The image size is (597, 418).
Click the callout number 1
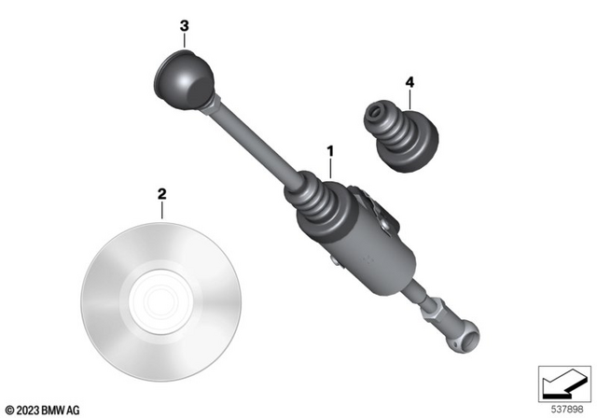click(328, 149)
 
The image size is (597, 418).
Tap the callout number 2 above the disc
click(161, 194)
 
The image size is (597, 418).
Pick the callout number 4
click(409, 82)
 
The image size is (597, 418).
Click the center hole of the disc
click(160, 299)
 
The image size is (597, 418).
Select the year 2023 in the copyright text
click(26, 409)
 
